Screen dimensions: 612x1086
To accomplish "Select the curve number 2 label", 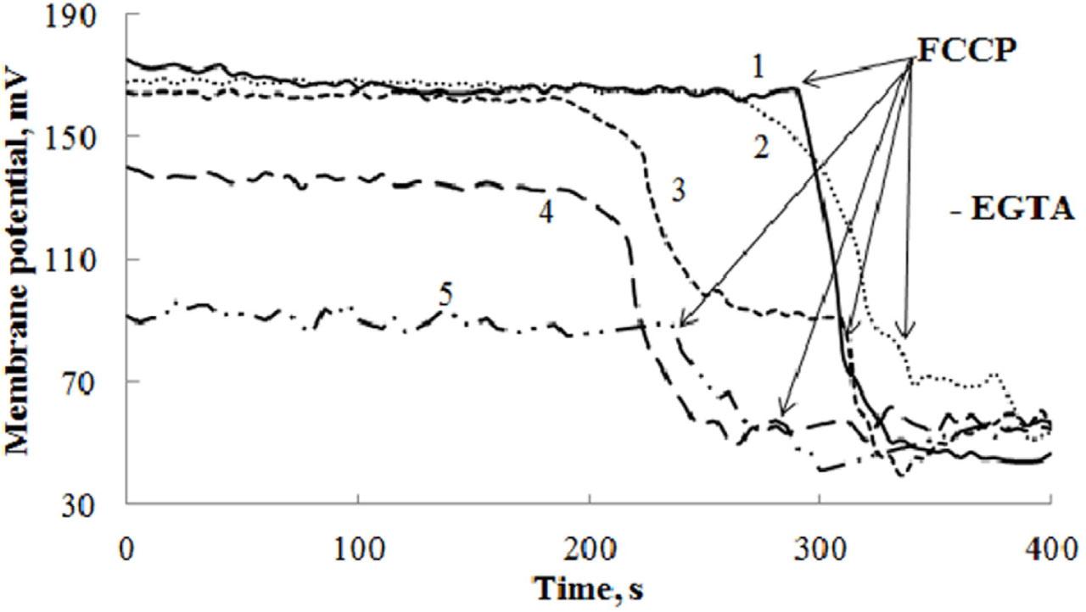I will tap(761, 149).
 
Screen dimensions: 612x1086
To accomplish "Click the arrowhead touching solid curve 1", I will tap(805, 81).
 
